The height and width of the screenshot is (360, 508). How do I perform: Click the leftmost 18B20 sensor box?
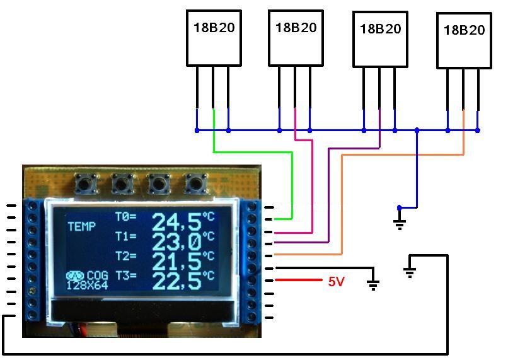[x=214, y=38]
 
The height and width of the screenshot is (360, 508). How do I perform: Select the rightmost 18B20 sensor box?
[x=465, y=40]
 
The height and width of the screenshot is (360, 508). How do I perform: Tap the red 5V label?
[x=336, y=281]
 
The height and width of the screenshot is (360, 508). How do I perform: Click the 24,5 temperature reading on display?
[x=176, y=222]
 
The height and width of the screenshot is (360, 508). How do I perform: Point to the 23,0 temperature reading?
[x=176, y=241]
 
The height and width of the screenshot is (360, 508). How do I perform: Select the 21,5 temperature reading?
[x=176, y=262]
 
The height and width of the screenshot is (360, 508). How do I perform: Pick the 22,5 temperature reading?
[x=176, y=281]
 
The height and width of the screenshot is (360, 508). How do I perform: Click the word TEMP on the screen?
[x=82, y=226]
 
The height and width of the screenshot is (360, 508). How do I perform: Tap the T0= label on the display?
[x=126, y=216]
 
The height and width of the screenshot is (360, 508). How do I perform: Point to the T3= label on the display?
[x=126, y=276]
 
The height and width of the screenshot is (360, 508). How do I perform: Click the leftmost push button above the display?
[x=85, y=183]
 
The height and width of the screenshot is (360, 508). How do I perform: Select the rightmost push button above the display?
[x=195, y=183]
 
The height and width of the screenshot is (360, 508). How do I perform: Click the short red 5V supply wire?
[x=298, y=280]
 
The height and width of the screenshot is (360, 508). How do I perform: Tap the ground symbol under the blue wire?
[x=400, y=223]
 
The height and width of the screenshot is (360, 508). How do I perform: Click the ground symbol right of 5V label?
[x=373, y=284]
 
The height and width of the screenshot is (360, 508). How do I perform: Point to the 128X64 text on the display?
[x=87, y=286]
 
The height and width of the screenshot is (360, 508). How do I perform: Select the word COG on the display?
[x=98, y=276]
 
